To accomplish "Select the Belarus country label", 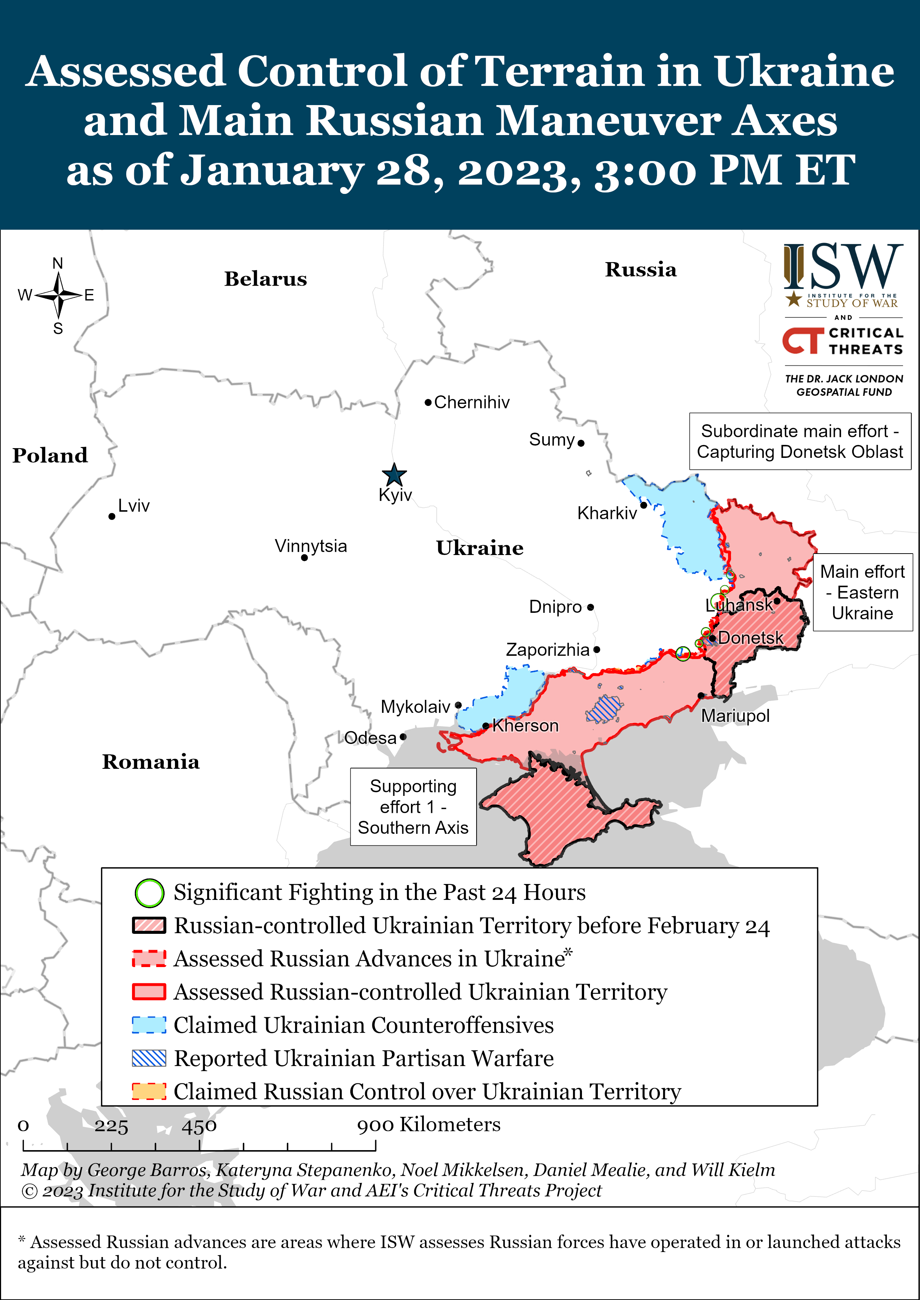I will click(x=265, y=279).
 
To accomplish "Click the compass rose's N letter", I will click(x=57, y=263).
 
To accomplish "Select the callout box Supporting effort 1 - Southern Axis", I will click(x=413, y=806).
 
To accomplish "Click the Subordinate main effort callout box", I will click(x=799, y=441).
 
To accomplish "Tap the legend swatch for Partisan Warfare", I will click(x=149, y=1058).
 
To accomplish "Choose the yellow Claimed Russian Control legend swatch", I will click(x=149, y=1091).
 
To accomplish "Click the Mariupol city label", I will click(x=735, y=716).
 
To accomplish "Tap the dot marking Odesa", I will click(x=403, y=737).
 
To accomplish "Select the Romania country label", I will click(x=151, y=762).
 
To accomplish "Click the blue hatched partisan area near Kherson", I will click(x=605, y=708).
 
